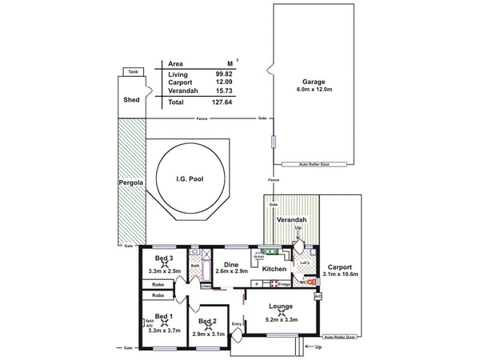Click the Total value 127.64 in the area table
[x=223, y=102]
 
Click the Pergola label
[x=130, y=183]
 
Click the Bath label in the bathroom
[x=194, y=266]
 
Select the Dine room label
[x=230, y=265]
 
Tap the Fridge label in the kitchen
[x=284, y=284]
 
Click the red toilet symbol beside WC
[x=312, y=282]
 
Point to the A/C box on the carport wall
[x=318, y=296]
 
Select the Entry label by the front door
[x=236, y=323]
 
